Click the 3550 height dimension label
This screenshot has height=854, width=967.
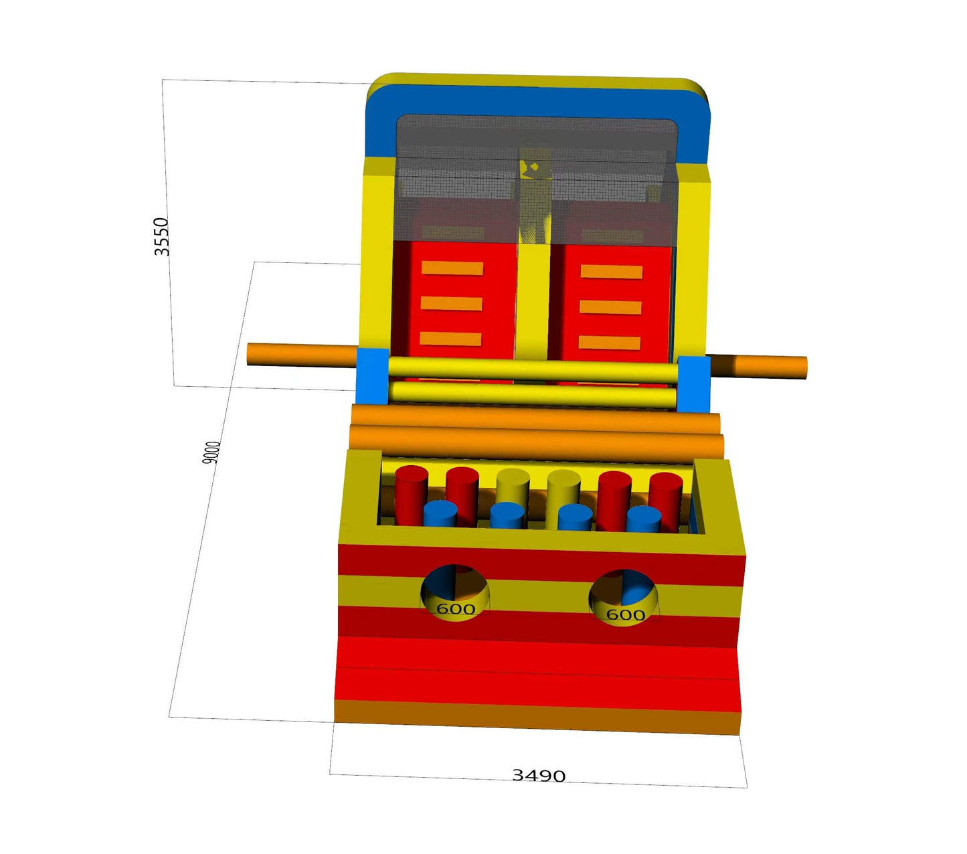(162, 236)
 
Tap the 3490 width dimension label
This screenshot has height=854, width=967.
(539, 776)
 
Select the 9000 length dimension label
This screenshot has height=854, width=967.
(211, 452)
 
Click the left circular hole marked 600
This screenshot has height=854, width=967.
(455, 593)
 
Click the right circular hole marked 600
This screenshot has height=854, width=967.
(624, 597)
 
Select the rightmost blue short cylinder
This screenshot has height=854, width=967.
(644, 519)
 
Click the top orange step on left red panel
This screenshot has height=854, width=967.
(452, 268)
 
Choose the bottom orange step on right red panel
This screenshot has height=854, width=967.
(609, 343)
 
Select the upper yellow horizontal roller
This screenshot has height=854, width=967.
(532, 369)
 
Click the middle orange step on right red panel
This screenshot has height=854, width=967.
(610, 307)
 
